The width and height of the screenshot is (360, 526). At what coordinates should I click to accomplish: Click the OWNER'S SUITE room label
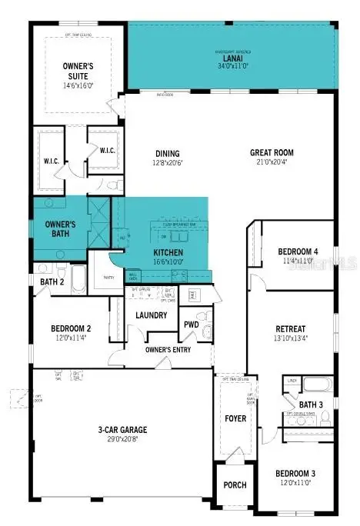[78, 72]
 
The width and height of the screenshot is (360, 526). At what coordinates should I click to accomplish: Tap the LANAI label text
[232, 58]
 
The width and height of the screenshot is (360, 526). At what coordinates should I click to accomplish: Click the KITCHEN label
[167, 251]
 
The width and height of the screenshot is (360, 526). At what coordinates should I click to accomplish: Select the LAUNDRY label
[151, 315]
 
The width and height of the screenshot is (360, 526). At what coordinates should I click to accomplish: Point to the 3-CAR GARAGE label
[123, 429]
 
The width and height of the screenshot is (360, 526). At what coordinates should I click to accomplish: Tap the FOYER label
[235, 419]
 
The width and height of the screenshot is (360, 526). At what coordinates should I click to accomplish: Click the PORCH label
[235, 484]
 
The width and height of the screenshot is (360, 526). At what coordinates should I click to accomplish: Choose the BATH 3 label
[310, 404]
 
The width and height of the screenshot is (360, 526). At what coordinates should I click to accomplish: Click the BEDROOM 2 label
[72, 326]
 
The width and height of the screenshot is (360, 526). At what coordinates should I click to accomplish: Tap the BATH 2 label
[52, 282]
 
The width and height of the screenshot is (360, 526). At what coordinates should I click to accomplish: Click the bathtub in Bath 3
[316, 385]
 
